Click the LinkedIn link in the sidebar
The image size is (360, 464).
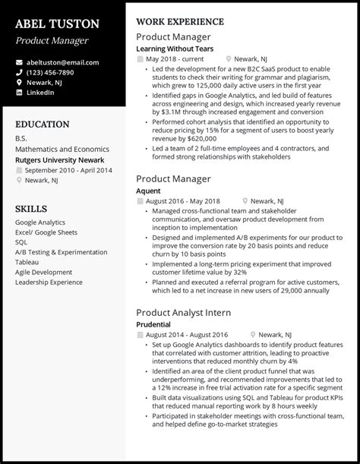click(39, 92)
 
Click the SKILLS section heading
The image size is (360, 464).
click(30, 208)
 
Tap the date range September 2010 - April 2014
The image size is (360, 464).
click(68, 171)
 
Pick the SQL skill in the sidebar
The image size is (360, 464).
click(21, 241)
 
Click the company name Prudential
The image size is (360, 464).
click(153, 324)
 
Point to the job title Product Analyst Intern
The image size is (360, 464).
click(184, 312)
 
